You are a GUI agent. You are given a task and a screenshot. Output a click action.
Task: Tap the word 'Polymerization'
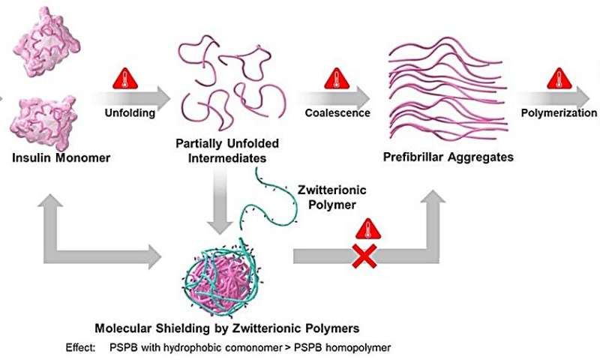(559, 113)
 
